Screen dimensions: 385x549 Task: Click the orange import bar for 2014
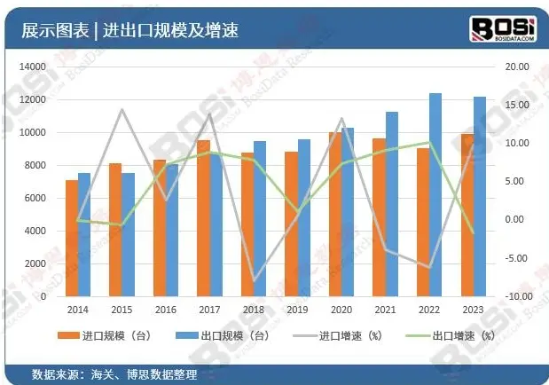72,238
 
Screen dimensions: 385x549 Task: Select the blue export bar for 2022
435,195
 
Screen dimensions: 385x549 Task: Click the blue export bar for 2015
128,234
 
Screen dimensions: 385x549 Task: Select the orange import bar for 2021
379,216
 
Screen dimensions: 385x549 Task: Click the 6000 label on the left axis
35,198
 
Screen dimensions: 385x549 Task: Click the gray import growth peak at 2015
122,110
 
